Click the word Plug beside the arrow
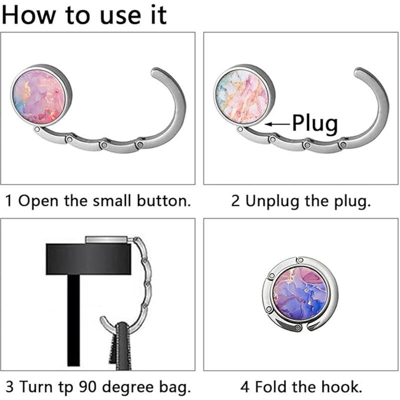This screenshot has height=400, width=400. coord(315,123)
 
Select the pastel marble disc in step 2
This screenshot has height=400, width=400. coord(242,96)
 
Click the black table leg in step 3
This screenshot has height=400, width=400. coord(73,320)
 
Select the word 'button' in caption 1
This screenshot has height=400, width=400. coord(162,201)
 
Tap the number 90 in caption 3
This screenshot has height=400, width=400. coord(80,386)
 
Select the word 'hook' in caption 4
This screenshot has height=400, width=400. coord(344,386)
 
